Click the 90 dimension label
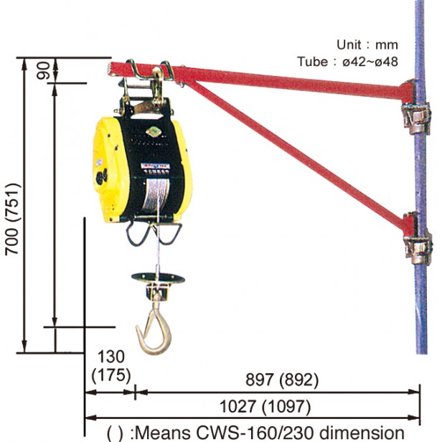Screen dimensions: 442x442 (x=43, y=70)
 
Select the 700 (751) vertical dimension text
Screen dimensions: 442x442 (x=13, y=220)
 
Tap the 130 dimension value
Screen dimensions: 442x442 (x=110, y=357)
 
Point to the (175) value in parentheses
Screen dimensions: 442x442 (x=111, y=375)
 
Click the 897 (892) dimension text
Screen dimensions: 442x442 (x=282, y=380)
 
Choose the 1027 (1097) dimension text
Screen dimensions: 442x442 (x=265, y=407)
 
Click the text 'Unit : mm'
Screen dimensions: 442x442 (x=367, y=44)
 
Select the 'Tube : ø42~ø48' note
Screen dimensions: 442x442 (x=348, y=62)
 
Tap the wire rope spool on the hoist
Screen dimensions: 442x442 (x=155, y=195)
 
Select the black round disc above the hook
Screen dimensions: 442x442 (x=158, y=278)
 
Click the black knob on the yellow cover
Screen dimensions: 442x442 (x=101, y=177)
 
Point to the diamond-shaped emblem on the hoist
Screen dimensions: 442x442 (x=153, y=131)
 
